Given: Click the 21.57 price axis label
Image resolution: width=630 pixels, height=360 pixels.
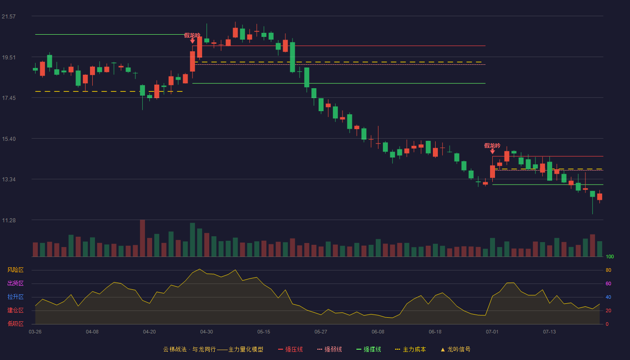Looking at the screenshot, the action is [x=9, y=17].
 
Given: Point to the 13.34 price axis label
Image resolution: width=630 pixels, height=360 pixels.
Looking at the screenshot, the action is [x=9, y=180].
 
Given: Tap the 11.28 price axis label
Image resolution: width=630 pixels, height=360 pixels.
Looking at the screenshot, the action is [x=9, y=220].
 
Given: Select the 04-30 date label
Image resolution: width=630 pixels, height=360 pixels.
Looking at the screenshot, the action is [x=207, y=332].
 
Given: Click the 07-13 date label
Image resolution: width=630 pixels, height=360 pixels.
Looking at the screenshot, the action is [x=549, y=332].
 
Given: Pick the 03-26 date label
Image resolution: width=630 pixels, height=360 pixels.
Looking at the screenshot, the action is [x=35, y=332].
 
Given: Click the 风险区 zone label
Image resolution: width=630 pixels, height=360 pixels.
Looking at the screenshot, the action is [x=15, y=270].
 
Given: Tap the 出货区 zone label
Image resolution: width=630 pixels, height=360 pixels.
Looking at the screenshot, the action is [x=15, y=283].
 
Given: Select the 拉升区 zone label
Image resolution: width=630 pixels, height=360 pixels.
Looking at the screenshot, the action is [x=15, y=297].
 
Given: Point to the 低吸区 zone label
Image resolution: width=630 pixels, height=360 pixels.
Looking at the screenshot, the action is [x=15, y=324].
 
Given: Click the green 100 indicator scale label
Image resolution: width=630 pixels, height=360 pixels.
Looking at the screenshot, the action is [x=610, y=256].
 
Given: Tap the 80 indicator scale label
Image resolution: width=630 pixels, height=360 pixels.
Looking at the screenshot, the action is [x=608, y=270].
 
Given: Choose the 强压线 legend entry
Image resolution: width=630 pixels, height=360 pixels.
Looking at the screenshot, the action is [x=290, y=349].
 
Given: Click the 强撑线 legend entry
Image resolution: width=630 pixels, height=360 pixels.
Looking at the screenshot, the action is [x=369, y=349].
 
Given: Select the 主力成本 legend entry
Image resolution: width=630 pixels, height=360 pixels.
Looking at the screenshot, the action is [x=410, y=349].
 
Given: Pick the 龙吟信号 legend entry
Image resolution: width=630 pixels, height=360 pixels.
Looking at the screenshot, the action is [x=455, y=349].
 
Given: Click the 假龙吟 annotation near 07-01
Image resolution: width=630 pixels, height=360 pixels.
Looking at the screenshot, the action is [x=492, y=146].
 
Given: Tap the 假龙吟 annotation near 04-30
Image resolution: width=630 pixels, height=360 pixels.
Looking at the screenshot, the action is [x=192, y=36].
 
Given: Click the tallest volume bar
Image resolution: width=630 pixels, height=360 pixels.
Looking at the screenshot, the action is [x=142, y=238].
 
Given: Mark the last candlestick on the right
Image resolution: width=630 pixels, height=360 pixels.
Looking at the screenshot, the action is [x=599, y=197].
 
